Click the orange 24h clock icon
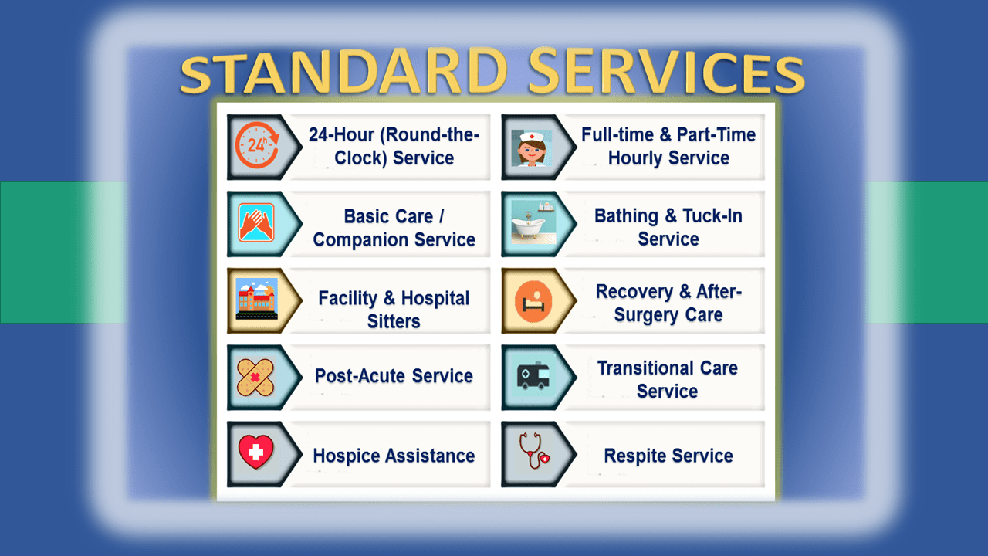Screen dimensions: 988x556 [257, 145]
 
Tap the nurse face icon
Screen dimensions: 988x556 [532, 147]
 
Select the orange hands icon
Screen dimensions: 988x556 [256, 222]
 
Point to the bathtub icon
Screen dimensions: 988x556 [533, 222]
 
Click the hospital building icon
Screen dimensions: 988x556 [257, 299]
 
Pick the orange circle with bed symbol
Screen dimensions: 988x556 [533, 301]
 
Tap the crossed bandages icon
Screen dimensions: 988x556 [255, 378]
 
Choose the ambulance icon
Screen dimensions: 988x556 [533, 375]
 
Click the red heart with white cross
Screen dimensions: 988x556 [255, 452]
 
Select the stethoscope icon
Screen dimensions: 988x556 [533, 450]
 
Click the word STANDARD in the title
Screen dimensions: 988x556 [344, 72]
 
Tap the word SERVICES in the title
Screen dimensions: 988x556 [666, 72]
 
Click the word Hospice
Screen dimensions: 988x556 [347, 456]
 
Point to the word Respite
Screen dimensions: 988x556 [635, 456]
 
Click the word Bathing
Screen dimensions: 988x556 [626, 216]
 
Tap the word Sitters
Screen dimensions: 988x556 [394, 321]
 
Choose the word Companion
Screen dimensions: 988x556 [360, 240]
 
